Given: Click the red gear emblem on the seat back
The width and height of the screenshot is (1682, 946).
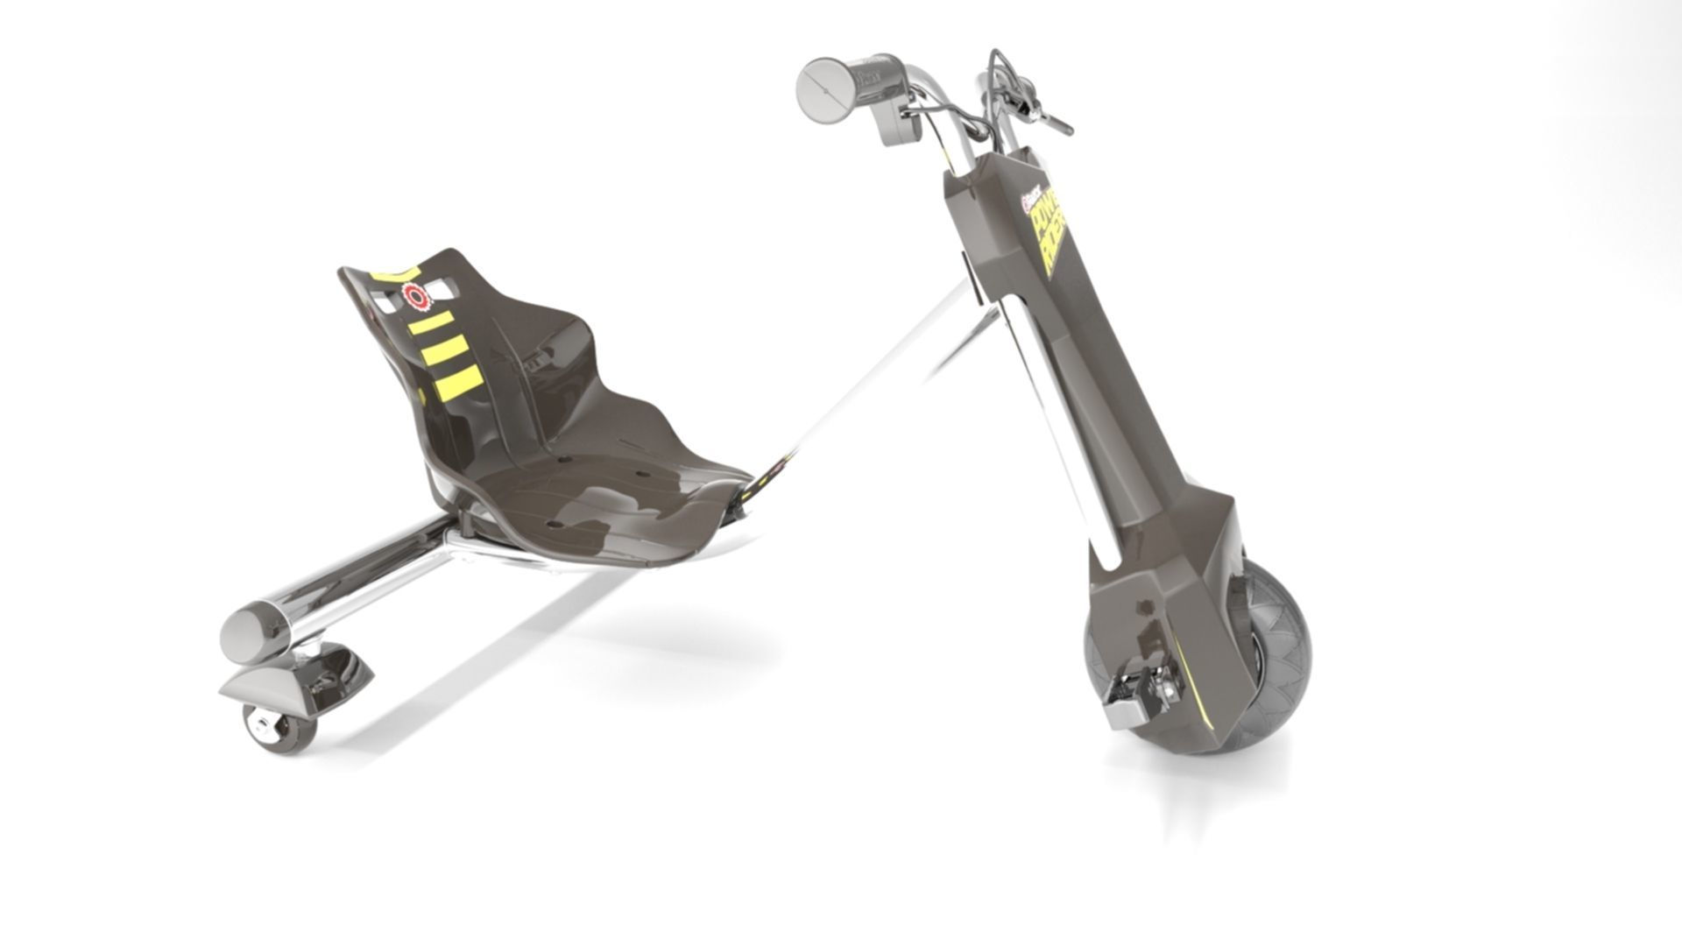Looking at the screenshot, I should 417,298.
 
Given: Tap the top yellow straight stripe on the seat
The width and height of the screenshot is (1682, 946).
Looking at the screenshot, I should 430,323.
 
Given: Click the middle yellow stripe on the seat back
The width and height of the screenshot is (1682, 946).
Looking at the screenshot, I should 445,351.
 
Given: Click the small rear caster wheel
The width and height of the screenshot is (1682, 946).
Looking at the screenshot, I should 279,725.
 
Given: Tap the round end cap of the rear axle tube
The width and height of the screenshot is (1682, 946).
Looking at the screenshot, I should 246,629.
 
